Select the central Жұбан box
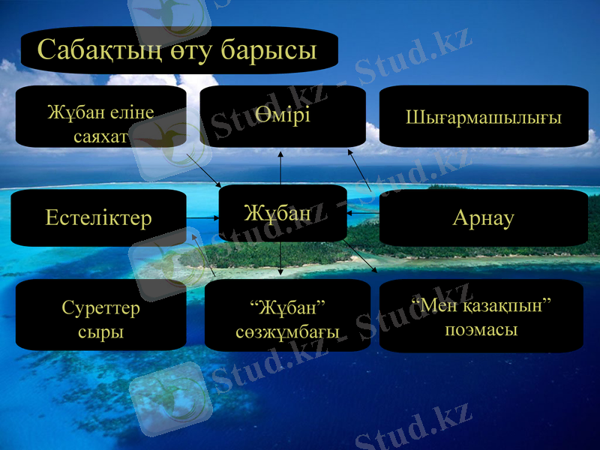[282, 213]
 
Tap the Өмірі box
[282, 116]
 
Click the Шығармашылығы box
[484, 116]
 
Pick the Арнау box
[484, 217]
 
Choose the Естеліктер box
[99, 217]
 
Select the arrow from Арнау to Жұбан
[363, 214]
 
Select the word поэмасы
[481, 328]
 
